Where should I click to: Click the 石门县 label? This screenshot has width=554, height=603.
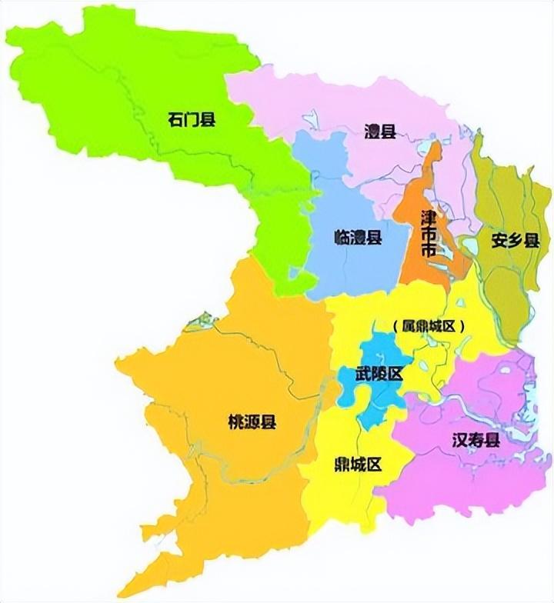point(191,119)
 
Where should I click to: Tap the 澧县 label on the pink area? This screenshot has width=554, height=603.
point(379,131)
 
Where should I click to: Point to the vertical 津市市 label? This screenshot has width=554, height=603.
point(429,235)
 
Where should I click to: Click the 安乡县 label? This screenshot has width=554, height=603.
point(515,241)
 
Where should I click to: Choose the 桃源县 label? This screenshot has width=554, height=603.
point(252,422)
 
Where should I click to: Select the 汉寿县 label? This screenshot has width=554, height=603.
point(476,441)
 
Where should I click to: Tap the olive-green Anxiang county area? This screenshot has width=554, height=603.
point(504,285)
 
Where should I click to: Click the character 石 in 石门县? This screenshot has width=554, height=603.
point(175,119)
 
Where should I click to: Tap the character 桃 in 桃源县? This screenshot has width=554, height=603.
point(235,422)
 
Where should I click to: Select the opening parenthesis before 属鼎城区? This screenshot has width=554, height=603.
point(395,326)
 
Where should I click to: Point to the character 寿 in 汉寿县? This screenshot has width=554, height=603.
point(476,441)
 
